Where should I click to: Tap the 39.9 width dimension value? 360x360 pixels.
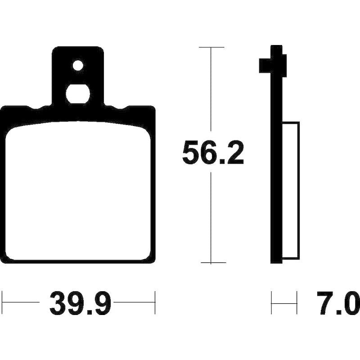tap(81, 302)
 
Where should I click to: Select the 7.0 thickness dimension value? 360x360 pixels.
tap(338, 302)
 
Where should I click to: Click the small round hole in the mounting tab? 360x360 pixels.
tap(78, 65)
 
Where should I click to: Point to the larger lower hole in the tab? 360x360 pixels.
tap(78, 94)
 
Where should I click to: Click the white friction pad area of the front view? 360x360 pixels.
tap(78, 192)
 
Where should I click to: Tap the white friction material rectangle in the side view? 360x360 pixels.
tap(291, 190)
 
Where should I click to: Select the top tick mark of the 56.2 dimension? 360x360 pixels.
tap(211, 47)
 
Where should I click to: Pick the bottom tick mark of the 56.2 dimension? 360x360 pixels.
tap(213, 262)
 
